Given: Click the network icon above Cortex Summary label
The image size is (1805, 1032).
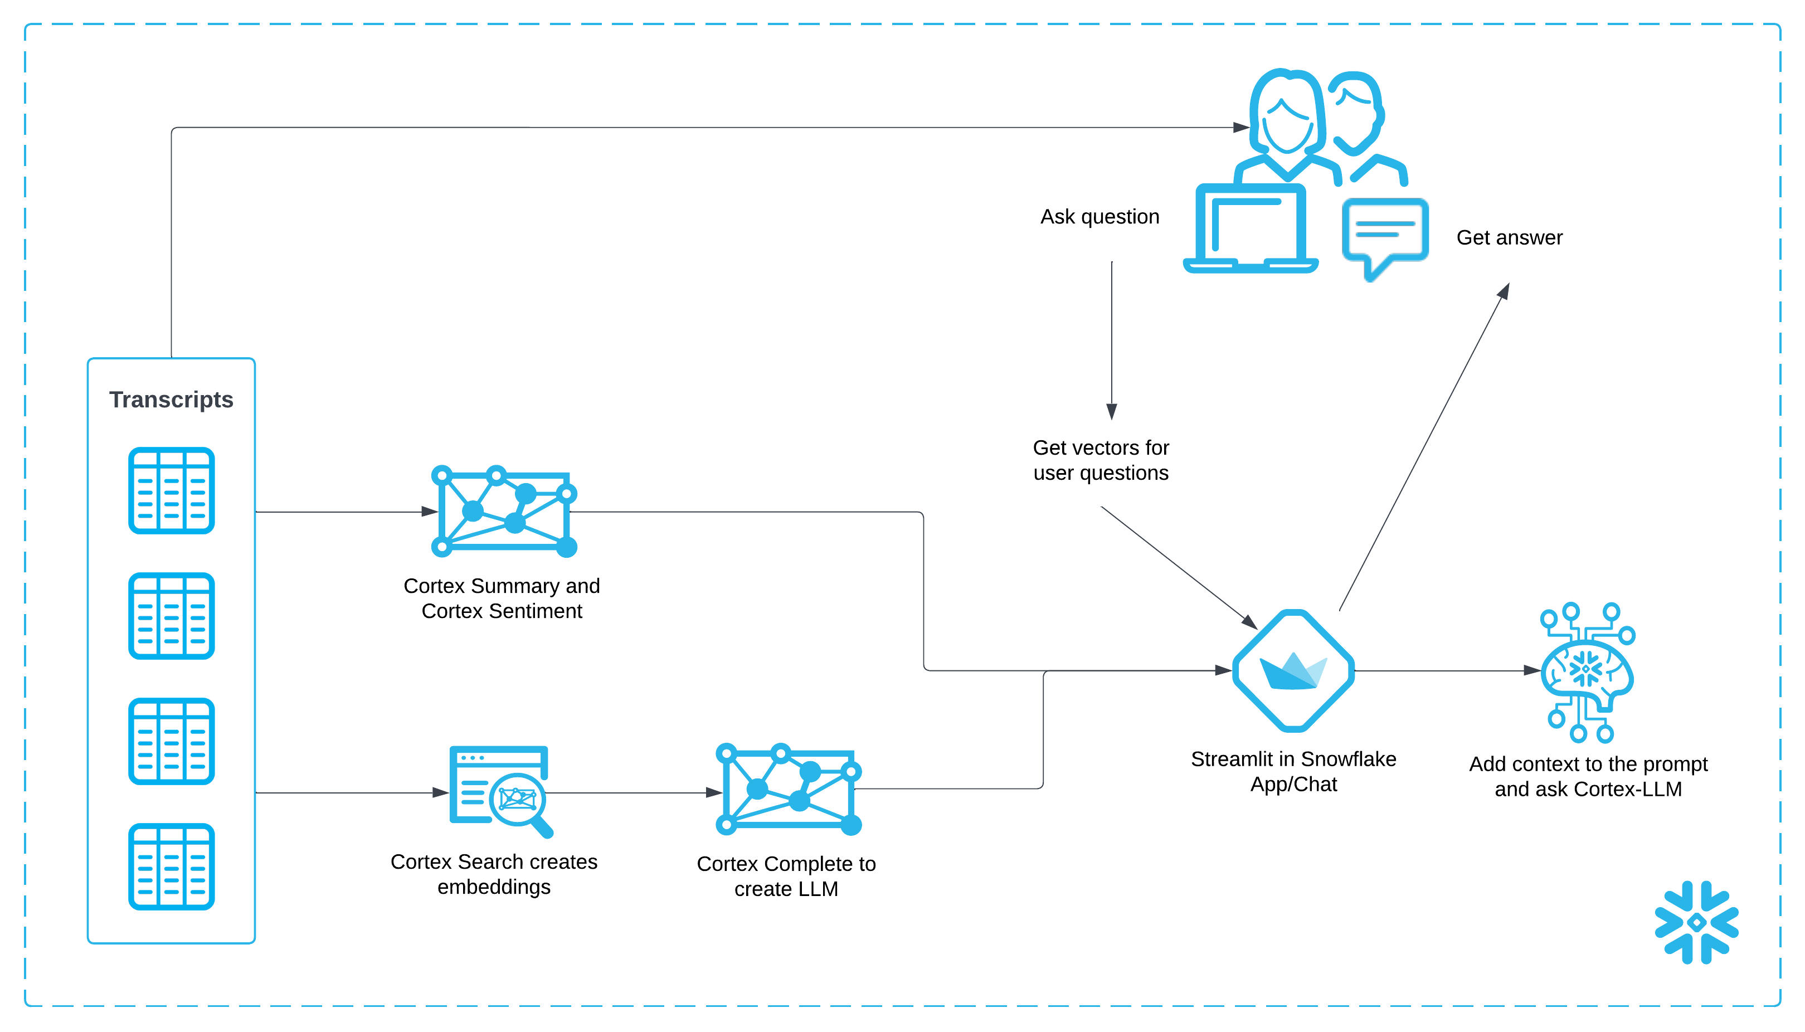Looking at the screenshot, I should tap(504, 510).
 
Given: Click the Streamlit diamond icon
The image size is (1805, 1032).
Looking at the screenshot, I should tap(1293, 670).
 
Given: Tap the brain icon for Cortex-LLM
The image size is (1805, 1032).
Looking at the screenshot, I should tap(1588, 672).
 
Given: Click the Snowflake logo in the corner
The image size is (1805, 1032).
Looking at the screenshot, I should tap(1696, 922).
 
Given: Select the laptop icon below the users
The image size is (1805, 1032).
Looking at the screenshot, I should tap(1251, 228).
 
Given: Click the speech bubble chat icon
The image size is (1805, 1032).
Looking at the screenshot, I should tap(1385, 234).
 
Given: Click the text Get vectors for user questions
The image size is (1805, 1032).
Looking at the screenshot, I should tap(1101, 460).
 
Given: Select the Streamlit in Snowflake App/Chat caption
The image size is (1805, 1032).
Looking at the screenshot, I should tap(1293, 771).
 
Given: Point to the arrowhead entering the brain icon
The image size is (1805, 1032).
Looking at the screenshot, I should tap(1531, 670).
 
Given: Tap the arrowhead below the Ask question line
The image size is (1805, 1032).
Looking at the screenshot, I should tap(1111, 412).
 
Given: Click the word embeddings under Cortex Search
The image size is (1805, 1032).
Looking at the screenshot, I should tap(494, 887).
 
